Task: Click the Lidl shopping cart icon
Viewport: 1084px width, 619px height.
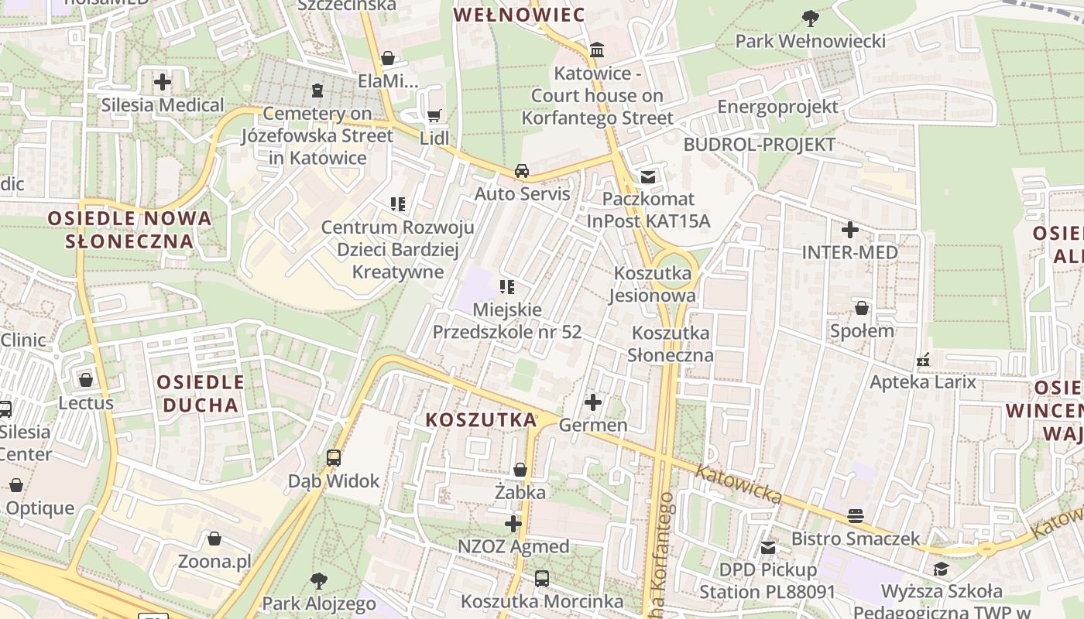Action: point(434,115)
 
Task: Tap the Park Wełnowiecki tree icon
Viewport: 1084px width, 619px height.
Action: point(810,17)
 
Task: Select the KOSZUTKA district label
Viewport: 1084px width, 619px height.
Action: point(481,420)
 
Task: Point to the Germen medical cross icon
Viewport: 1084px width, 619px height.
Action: point(593,402)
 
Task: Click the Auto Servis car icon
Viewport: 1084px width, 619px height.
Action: point(523,170)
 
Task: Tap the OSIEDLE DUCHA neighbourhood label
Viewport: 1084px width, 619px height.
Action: point(201,393)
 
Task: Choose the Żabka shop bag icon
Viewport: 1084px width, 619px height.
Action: point(520,470)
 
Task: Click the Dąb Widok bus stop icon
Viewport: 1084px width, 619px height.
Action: point(334,457)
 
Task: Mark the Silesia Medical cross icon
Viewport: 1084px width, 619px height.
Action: point(163,81)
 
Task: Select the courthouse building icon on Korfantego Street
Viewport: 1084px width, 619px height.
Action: point(597,50)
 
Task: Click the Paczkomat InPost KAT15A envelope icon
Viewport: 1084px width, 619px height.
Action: point(648,176)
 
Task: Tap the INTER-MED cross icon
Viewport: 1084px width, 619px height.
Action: point(850,229)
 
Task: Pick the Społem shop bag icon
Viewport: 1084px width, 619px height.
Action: point(862,308)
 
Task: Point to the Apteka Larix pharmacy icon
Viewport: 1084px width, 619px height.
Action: point(923,359)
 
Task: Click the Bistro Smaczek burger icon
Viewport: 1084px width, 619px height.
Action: point(856,515)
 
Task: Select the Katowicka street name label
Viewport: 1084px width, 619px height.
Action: point(738,484)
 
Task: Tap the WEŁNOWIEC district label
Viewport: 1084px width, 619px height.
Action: point(519,15)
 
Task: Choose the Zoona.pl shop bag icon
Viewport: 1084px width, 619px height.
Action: point(214,538)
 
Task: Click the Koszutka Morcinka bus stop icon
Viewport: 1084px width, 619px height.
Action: point(542,578)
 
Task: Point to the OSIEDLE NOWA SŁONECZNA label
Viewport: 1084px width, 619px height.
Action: point(130,229)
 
